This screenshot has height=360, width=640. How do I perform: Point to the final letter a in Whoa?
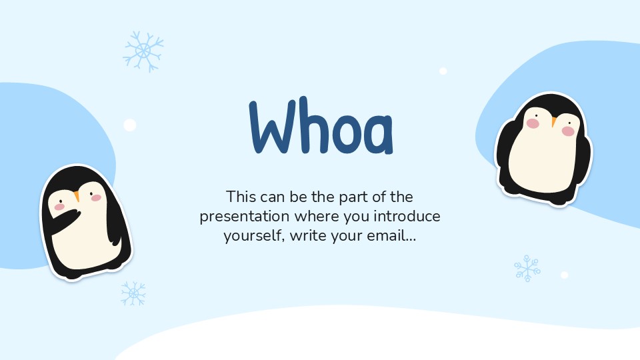click(x=377, y=134)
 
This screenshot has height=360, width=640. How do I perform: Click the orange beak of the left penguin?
click(x=77, y=196)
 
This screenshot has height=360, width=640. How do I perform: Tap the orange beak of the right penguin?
click(x=553, y=121)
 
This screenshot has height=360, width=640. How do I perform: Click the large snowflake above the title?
click(x=143, y=51)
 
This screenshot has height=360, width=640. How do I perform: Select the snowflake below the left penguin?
click(x=133, y=293)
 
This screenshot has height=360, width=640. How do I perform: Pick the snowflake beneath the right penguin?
click(x=527, y=268)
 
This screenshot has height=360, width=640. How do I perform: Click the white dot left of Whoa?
click(x=130, y=125)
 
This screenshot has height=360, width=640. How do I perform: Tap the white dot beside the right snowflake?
click(x=564, y=275)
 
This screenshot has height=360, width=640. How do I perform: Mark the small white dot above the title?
click(x=443, y=71)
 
